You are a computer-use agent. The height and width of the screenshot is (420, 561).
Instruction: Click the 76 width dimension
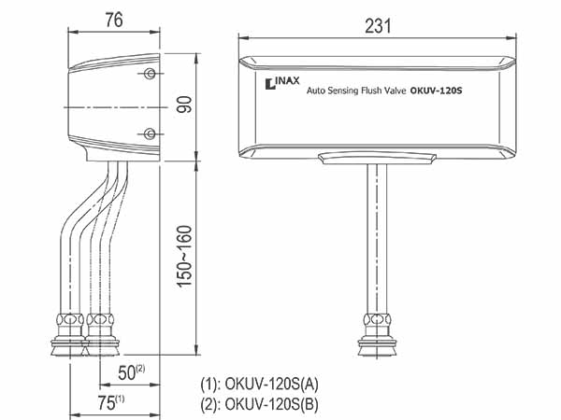point(114,20)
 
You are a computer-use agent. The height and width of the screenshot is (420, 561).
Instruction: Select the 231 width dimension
point(378,26)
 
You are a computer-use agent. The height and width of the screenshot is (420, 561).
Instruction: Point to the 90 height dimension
point(184,105)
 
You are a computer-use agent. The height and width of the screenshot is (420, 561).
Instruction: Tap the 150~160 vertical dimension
point(185,257)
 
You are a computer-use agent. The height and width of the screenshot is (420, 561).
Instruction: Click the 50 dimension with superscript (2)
point(131,372)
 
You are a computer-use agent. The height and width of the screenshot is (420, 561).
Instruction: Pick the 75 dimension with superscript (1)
point(111,403)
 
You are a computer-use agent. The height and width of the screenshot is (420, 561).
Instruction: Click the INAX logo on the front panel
point(282,83)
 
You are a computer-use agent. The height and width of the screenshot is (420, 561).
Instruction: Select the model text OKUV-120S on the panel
point(436,91)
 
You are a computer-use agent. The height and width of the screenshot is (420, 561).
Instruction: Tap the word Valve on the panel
point(395,91)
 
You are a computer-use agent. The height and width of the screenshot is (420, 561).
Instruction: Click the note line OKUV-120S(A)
point(259,385)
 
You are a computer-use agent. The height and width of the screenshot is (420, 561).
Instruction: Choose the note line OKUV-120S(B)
point(259,404)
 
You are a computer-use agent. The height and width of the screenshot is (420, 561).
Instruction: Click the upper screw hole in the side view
point(150,74)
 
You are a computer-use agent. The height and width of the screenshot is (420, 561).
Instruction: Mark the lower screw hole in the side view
point(150,133)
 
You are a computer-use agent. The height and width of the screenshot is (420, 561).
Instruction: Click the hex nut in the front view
point(378,319)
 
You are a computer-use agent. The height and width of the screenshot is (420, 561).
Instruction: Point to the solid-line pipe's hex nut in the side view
point(70,319)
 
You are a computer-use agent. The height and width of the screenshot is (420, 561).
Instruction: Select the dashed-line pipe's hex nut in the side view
point(100,319)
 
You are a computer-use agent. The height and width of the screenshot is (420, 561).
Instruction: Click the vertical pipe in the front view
point(377,239)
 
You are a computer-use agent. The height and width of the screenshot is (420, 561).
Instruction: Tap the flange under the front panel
point(378,159)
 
